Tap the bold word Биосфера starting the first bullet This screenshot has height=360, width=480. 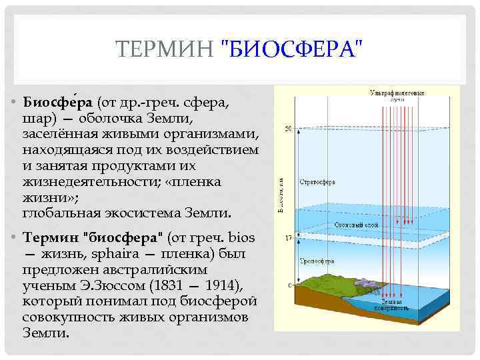59,103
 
